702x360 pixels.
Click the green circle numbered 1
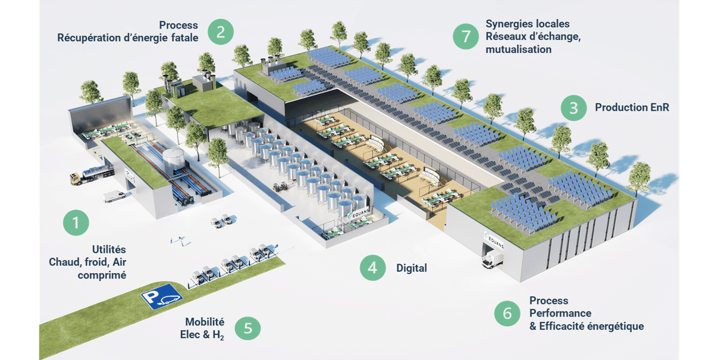pos(76,223)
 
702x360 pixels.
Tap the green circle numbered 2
pos(220,32)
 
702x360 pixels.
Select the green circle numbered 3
pos(573,108)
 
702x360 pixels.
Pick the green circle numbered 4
pos(372,268)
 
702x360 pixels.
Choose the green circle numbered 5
pos(248,328)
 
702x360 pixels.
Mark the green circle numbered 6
pos(507,314)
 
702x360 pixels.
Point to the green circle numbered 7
pos(466,36)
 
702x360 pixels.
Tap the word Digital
pos(412,268)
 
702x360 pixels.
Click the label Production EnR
pos(632,108)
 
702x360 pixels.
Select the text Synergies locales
pos(527,24)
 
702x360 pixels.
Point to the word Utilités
pos(109,250)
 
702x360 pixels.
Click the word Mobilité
pos(205,322)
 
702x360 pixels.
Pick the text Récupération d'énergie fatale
pos(127,38)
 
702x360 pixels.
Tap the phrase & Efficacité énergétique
pos(586,326)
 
